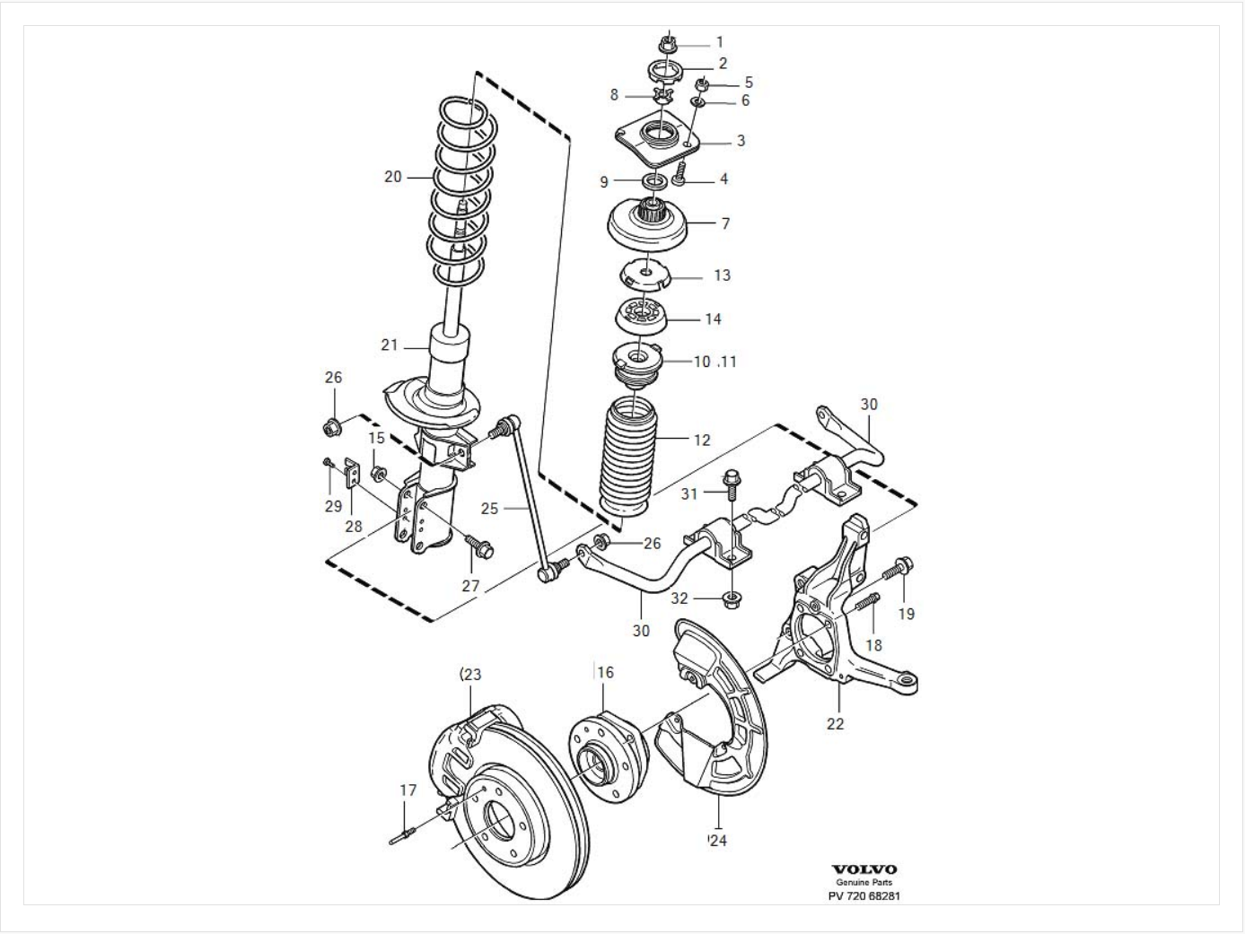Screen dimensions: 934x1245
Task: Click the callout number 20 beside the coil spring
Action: (393, 177)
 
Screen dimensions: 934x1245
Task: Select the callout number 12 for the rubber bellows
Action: (702, 440)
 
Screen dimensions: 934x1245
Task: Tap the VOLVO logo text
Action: (864, 869)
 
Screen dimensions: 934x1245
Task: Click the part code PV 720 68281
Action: (864, 895)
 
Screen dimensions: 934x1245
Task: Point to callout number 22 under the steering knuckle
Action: (835, 723)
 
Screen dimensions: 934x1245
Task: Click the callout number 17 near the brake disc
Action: (408, 790)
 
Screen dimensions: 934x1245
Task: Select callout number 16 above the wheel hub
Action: (605, 673)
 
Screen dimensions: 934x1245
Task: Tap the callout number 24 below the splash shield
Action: (717, 841)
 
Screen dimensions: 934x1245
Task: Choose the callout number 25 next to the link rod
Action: (489, 509)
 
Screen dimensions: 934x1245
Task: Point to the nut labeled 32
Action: (732, 596)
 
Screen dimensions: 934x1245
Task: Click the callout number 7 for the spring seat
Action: (725, 223)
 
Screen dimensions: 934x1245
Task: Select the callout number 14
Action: (712, 319)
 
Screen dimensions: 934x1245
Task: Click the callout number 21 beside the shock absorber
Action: (389, 345)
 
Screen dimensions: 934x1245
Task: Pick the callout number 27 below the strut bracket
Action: (471, 586)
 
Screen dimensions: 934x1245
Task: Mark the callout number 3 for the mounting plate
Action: (741, 141)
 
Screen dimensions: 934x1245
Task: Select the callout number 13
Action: (722, 275)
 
